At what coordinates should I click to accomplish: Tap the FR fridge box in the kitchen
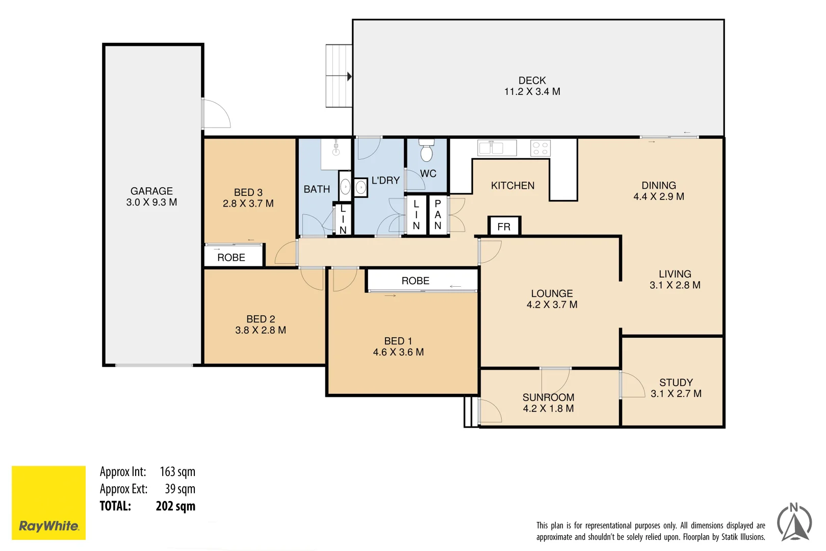[504, 227]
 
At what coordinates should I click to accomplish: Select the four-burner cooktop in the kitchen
[540, 148]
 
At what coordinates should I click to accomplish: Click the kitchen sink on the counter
[491, 148]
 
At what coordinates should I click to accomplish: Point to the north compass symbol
[794, 522]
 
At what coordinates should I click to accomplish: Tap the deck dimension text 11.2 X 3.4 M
[532, 92]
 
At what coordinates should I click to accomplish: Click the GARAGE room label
[151, 191]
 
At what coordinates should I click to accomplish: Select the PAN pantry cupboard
[438, 215]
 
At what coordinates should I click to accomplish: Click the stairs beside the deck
[339, 76]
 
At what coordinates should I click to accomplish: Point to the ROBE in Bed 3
[231, 257]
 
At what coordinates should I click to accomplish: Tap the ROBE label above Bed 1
[415, 281]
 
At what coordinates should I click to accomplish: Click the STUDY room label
[676, 382]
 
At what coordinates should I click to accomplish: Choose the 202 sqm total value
[175, 506]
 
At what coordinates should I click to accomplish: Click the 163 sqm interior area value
[177, 472]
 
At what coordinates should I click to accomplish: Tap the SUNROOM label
[548, 397]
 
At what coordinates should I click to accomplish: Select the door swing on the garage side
[216, 113]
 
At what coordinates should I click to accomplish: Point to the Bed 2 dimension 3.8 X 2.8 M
[261, 330]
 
